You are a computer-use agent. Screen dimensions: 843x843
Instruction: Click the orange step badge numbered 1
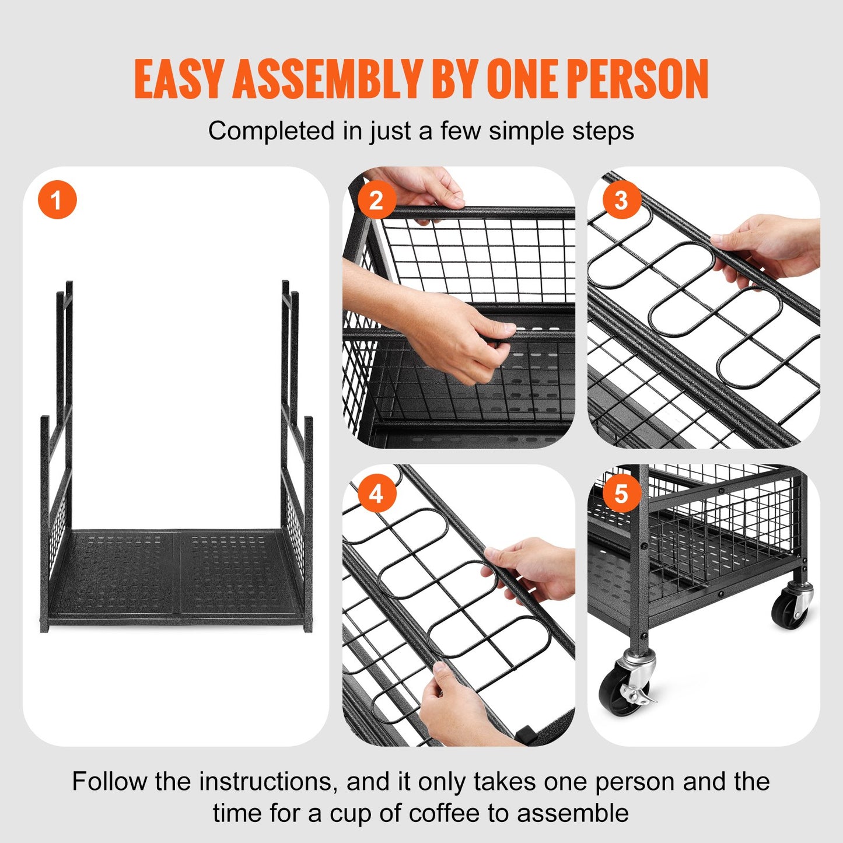57,200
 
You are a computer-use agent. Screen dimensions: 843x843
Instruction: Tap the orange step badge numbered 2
376,200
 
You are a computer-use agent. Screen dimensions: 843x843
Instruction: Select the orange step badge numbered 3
621,200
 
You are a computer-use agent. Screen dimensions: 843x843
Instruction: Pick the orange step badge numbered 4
376,494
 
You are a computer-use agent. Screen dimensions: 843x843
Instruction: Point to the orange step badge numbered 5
621,494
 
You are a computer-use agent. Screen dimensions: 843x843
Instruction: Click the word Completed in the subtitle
271,131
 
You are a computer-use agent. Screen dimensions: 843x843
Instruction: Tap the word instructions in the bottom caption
268,782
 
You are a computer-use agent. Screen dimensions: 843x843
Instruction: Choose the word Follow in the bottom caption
109,782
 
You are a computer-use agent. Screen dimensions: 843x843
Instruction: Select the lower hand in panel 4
461,706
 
